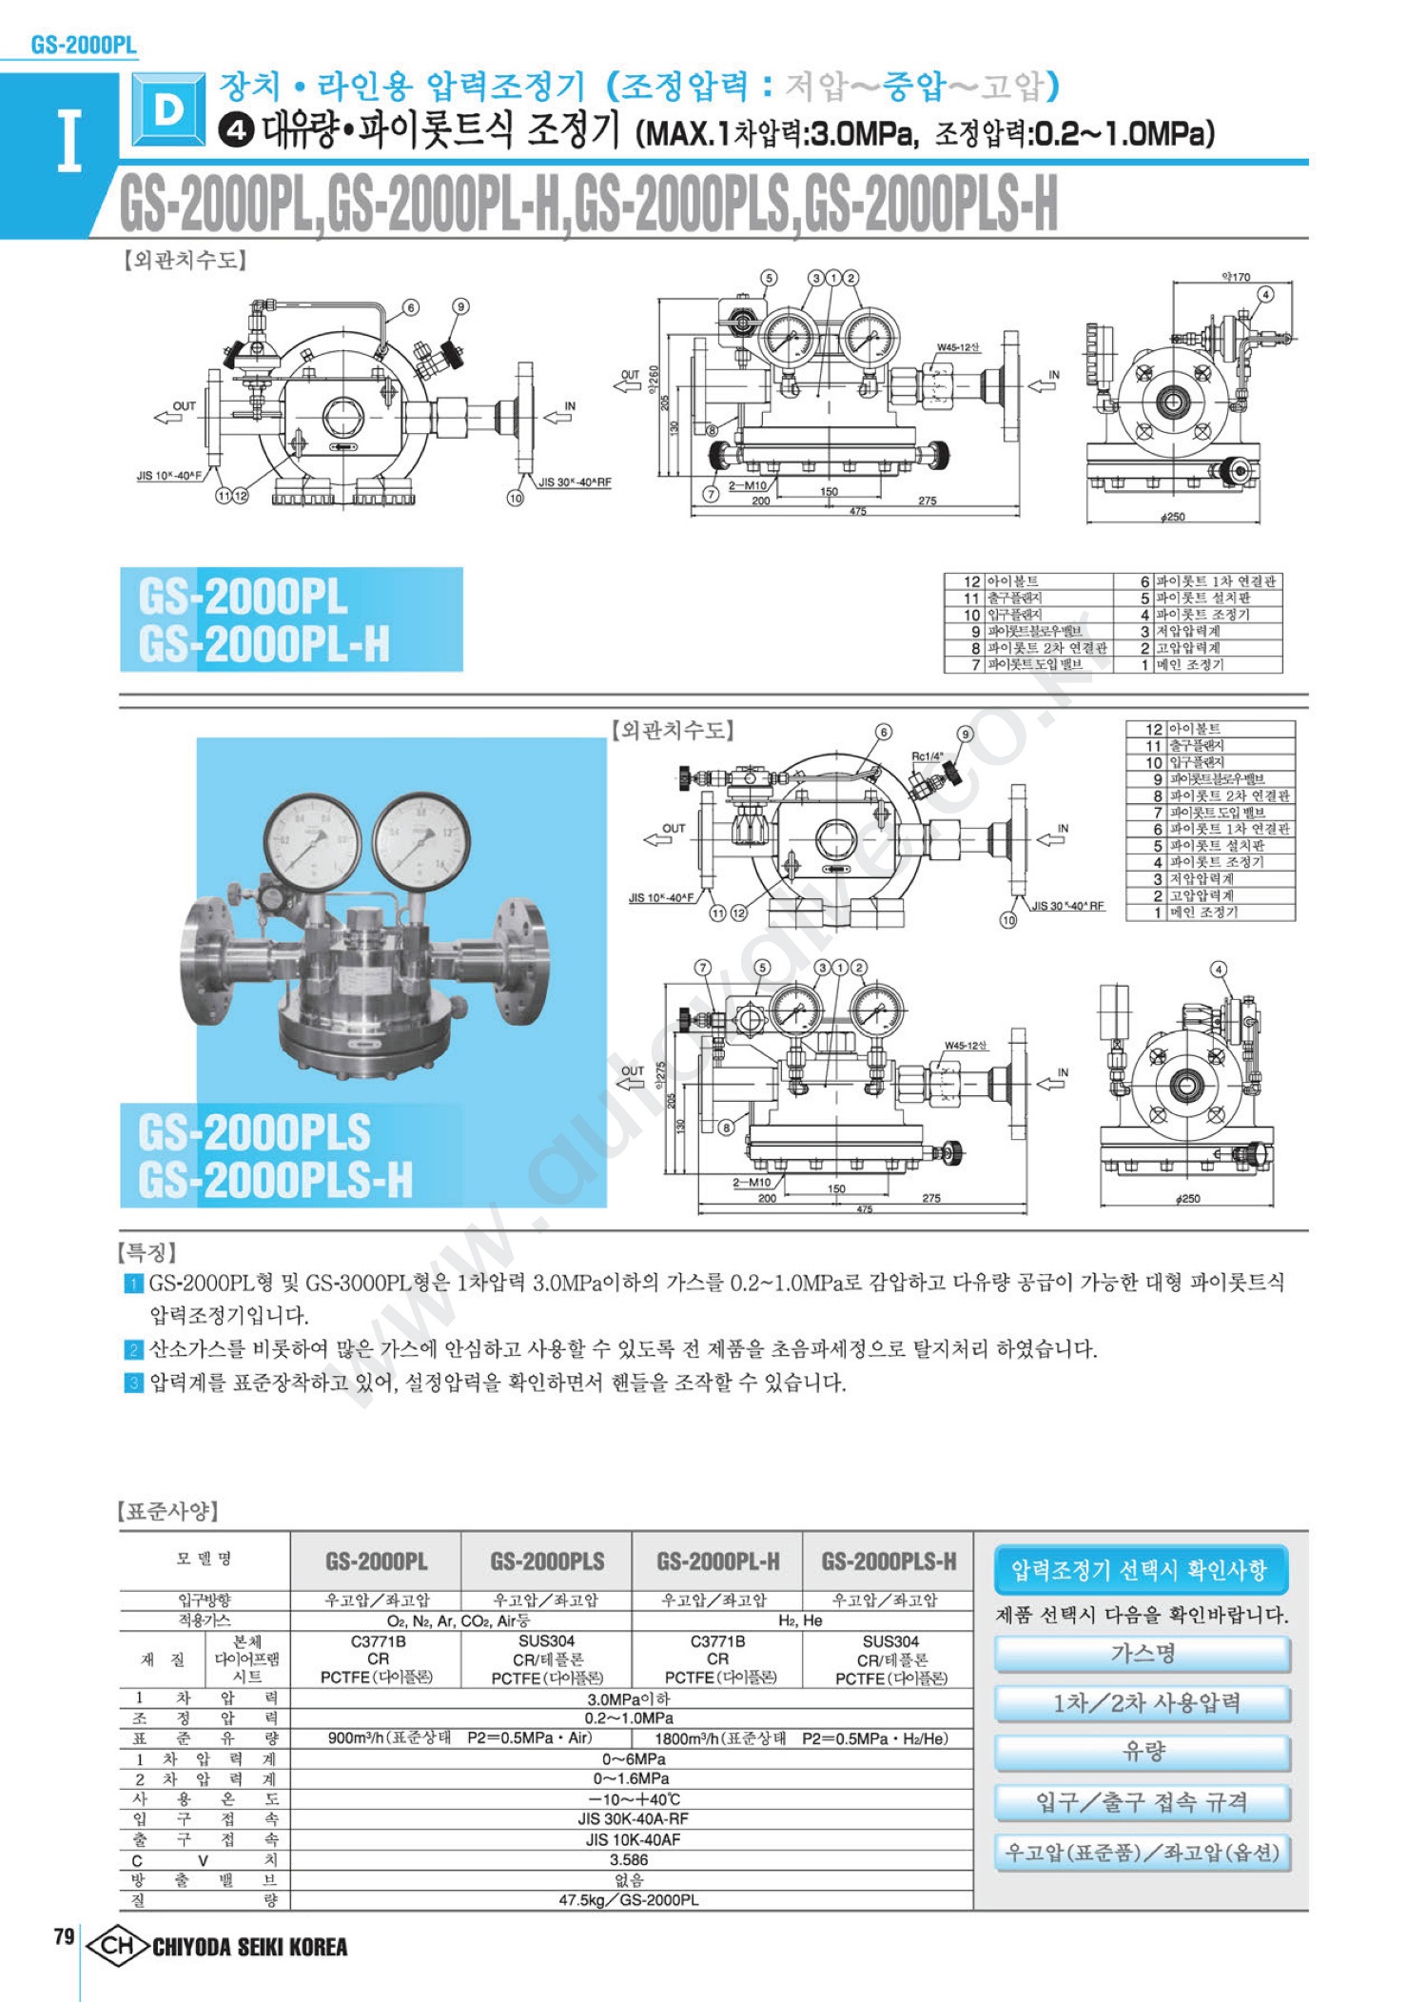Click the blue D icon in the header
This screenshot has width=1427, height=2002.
[168, 110]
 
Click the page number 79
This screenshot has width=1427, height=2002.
[64, 1936]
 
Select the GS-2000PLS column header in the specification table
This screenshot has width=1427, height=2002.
[547, 1561]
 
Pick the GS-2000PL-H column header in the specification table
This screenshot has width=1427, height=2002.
[717, 1561]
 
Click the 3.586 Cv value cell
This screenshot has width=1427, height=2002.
[629, 1859]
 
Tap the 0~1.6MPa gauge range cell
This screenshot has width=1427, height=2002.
[631, 1778]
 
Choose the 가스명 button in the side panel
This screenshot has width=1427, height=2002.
[1143, 1654]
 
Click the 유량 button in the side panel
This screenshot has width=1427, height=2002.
[1143, 1752]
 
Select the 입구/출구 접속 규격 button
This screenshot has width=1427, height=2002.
[1143, 1802]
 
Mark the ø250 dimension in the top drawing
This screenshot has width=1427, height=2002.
[1173, 517]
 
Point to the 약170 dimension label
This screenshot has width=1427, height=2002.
[1236, 277]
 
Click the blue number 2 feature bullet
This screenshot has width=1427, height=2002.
[134, 1349]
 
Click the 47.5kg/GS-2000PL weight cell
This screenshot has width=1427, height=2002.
[629, 1899]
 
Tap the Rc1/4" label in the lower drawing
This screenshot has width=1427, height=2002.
[927, 757]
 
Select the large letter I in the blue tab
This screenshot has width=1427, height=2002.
[68, 141]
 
